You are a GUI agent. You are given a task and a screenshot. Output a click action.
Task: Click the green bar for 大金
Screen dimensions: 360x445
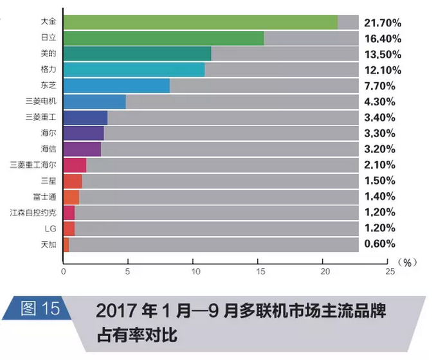point(200,22)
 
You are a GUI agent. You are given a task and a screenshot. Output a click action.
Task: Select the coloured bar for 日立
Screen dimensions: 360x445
point(163,39)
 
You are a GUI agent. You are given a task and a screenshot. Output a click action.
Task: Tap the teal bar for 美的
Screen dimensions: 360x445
point(137,54)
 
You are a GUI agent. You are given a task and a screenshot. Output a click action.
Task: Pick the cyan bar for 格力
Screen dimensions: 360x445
point(134,70)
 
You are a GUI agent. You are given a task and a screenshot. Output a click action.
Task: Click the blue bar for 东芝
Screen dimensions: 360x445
point(116,85)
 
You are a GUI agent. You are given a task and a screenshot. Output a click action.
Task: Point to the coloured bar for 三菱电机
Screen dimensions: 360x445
point(95,102)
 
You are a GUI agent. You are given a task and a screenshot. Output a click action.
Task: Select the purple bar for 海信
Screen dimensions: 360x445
point(82,149)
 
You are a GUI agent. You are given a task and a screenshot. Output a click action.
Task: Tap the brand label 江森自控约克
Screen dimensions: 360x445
point(39,212)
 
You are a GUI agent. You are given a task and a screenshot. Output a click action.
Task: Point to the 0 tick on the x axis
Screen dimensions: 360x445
point(63,272)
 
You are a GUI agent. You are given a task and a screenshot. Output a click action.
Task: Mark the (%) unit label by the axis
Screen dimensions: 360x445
point(409,262)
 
